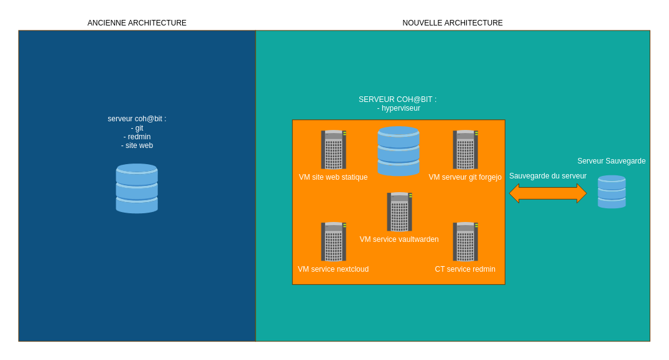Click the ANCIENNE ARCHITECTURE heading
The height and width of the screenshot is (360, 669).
(x=137, y=23)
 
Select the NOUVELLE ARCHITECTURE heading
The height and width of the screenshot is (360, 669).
(x=453, y=23)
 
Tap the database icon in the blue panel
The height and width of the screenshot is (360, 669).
(x=137, y=188)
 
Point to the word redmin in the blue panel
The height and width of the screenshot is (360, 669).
(x=137, y=137)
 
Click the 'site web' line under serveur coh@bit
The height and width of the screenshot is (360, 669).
(x=137, y=145)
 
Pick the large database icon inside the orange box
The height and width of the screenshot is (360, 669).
(x=399, y=151)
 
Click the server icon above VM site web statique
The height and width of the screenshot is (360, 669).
(x=333, y=150)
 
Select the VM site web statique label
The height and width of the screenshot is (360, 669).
(x=333, y=177)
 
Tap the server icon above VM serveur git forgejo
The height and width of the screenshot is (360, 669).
(x=465, y=150)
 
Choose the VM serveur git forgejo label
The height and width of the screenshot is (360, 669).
(x=465, y=177)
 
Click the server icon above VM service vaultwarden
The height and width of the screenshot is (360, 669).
(x=399, y=212)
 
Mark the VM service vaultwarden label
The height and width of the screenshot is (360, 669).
(x=399, y=239)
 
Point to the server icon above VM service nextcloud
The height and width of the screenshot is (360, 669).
(x=333, y=242)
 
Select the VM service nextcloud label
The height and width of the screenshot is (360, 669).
(x=333, y=269)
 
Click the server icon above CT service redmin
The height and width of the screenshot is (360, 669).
(x=465, y=242)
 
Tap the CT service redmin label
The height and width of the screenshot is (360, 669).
(x=465, y=269)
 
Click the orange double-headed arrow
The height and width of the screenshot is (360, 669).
(x=548, y=193)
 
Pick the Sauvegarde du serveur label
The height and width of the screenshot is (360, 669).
(x=548, y=176)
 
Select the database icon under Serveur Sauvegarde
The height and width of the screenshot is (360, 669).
(x=612, y=192)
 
